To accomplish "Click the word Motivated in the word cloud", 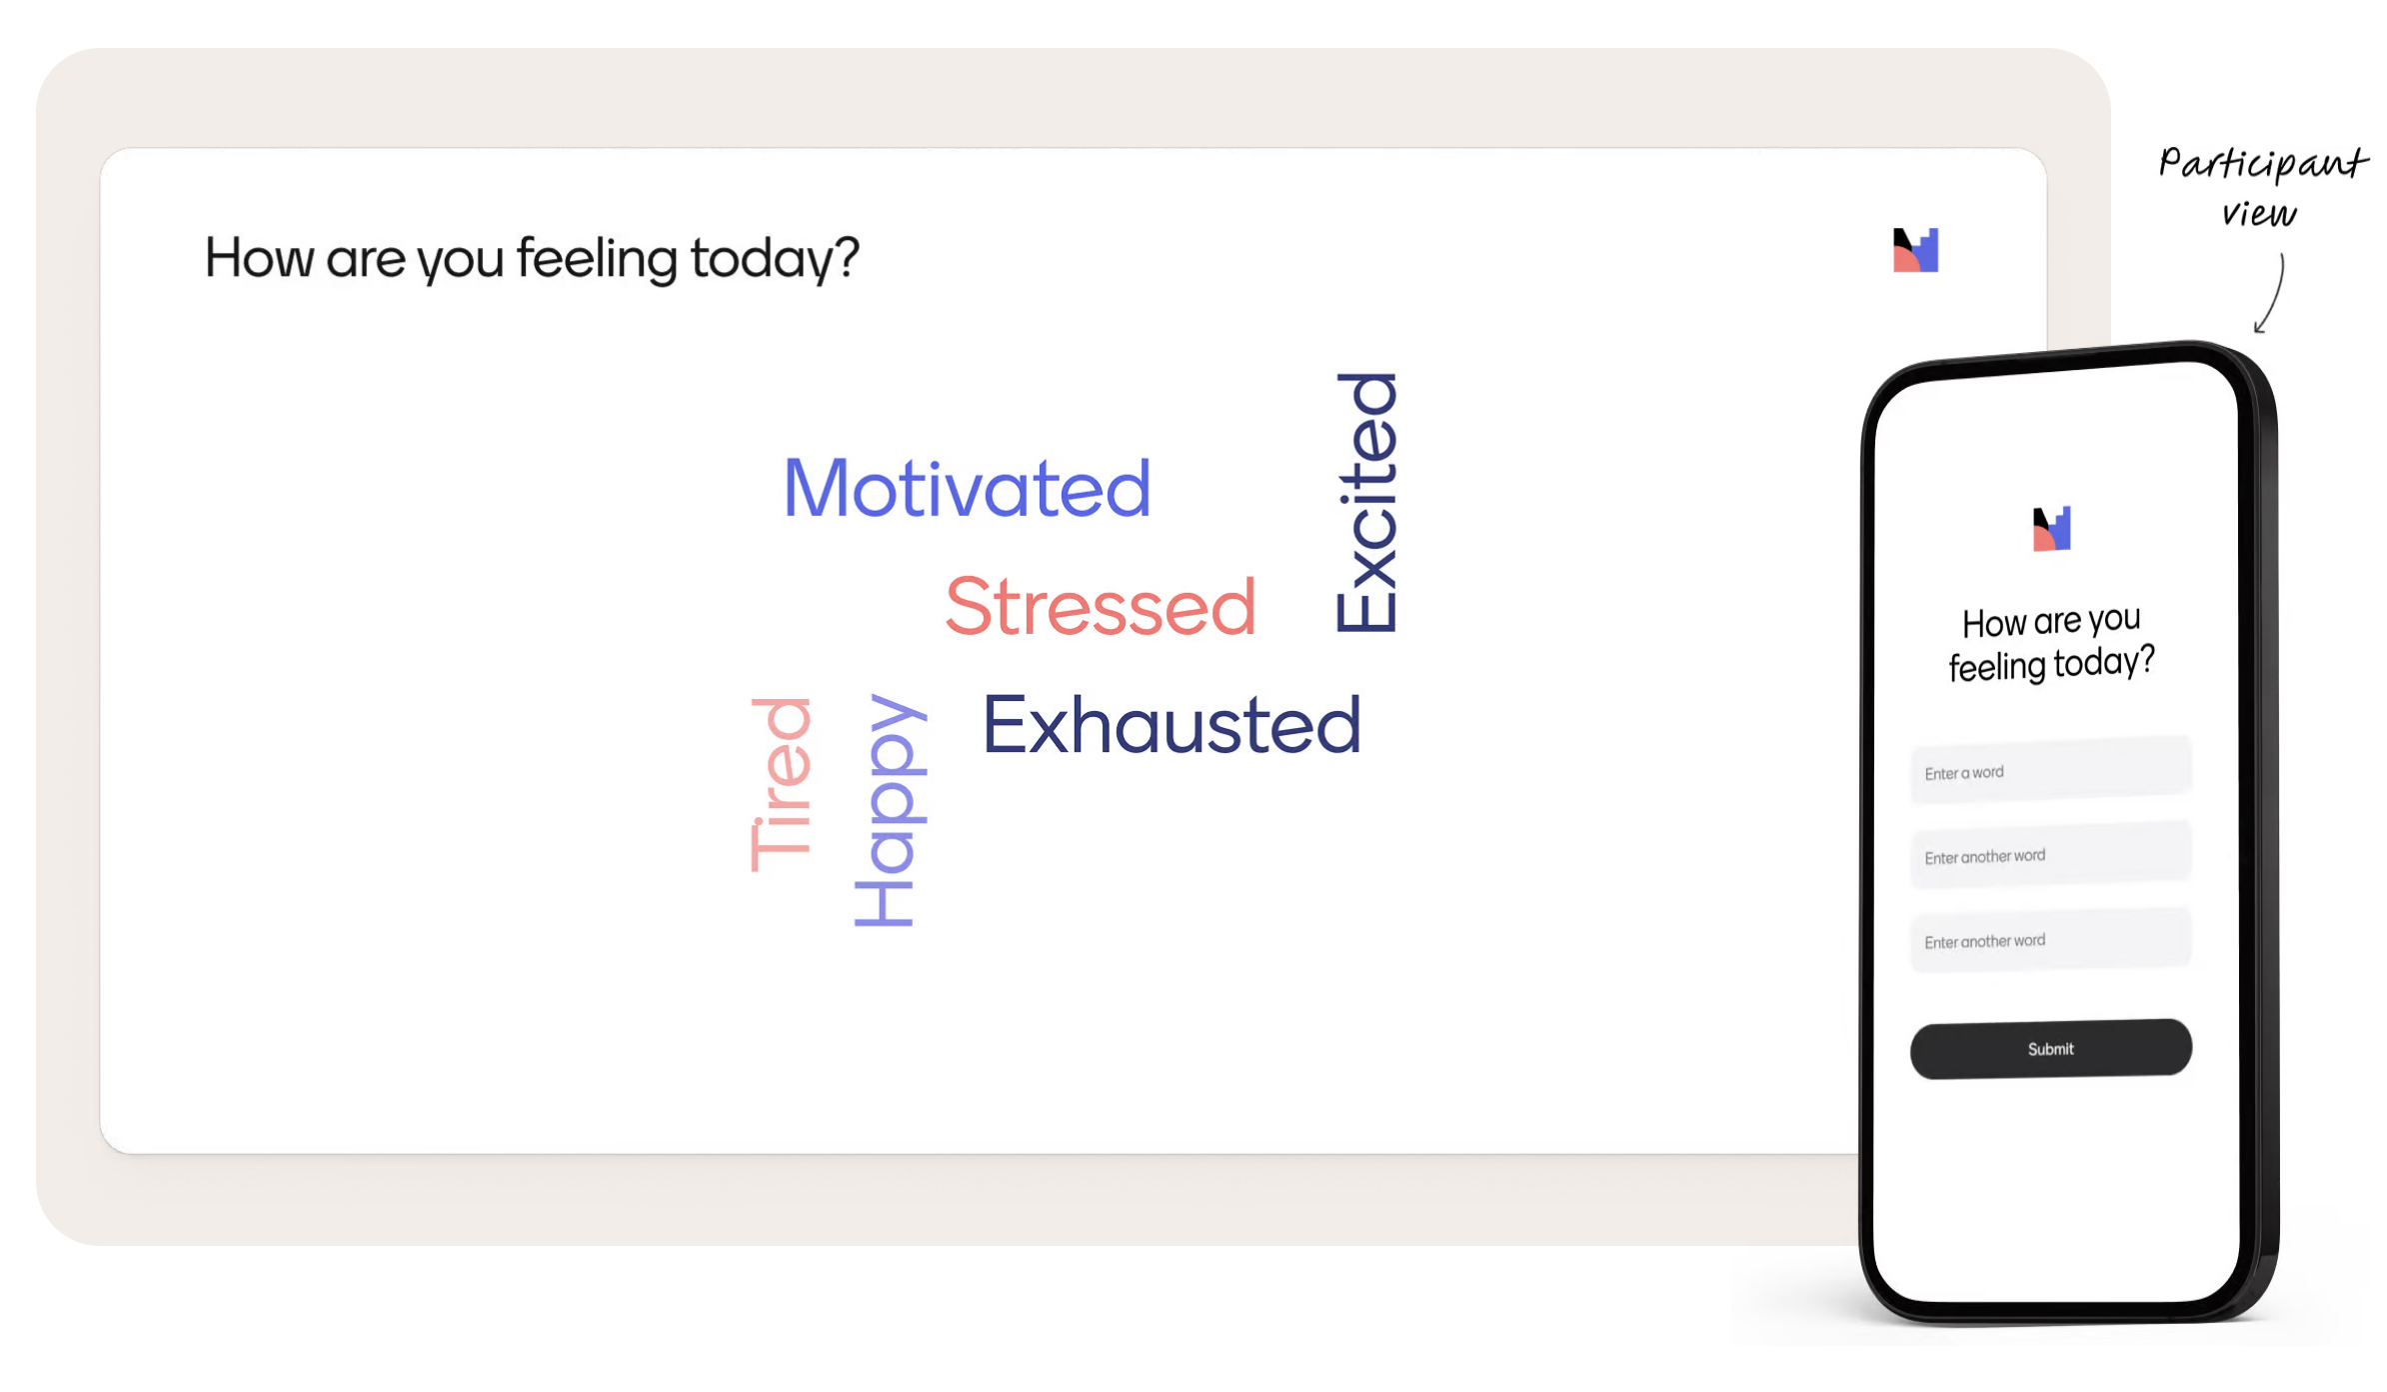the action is [967, 488].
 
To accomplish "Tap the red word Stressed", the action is [1100, 606].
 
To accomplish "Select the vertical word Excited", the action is [1366, 502].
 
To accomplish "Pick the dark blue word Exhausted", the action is [1172, 724].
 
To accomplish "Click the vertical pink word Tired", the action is [781, 785].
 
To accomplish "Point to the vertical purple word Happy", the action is [890, 810].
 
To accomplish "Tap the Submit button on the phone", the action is [2050, 1048].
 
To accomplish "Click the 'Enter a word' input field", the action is [2050, 770].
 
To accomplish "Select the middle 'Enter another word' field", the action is [2050, 855].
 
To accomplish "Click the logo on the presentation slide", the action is [1915, 250].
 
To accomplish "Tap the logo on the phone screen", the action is [2051, 529].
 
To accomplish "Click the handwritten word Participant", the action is [2263, 164].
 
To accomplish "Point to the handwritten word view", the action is [2259, 213].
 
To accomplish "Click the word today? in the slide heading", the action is [775, 258].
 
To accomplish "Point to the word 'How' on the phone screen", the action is [1993, 624].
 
